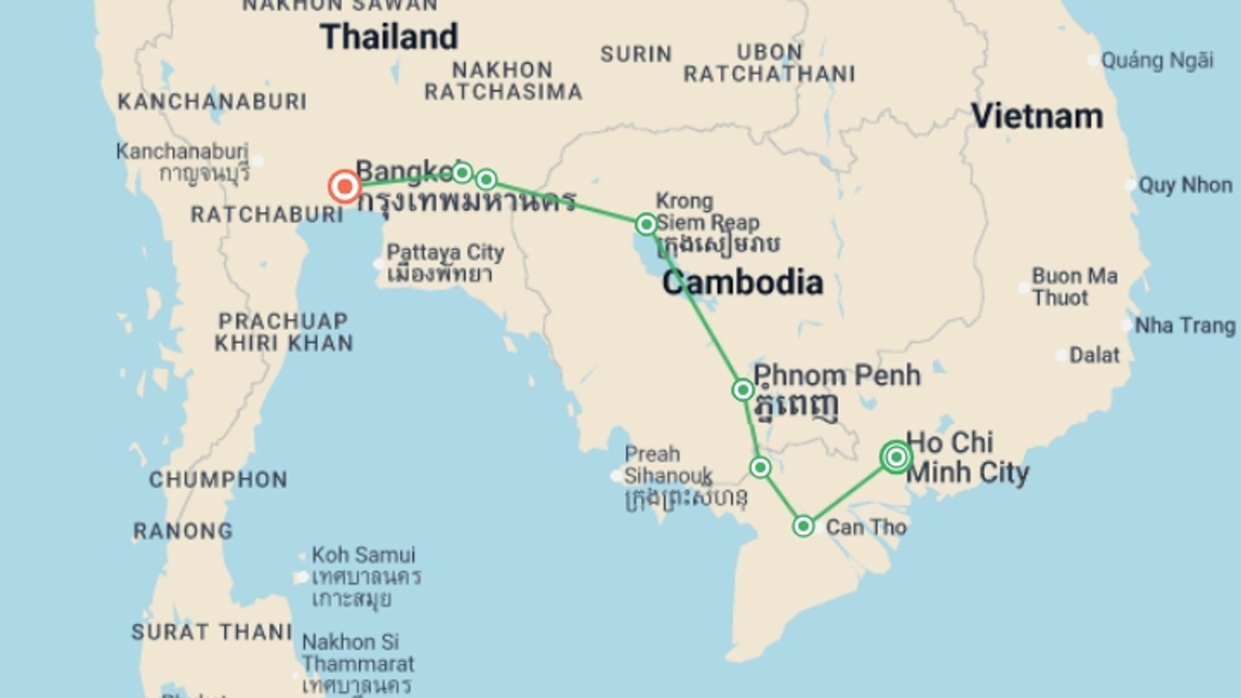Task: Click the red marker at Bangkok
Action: tap(345, 187)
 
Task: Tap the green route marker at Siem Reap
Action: tap(646, 224)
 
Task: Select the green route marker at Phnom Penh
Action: tap(743, 390)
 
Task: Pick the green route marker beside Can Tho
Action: tap(803, 526)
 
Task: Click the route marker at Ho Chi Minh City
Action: tap(896, 457)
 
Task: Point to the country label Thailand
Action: tap(389, 37)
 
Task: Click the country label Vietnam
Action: tap(1037, 117)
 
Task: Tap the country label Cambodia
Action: tap(743, 283)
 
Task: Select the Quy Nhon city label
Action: tap(1185, 185)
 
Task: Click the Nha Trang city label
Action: tap(1185, 326)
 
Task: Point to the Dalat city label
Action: tap(1094, 355)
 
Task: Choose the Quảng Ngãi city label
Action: tap(1157, 61)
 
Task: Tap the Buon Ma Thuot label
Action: tap(1074, 287)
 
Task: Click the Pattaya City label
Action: tap(445, 253)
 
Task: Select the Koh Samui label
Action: tap(363, 555)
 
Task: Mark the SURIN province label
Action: tap(636, 54)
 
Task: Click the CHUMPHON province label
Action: tap(218, 480)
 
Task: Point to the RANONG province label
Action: tap(183, 531)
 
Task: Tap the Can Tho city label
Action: tap(866, 527)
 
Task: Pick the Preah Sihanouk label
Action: tap(668, 465)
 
